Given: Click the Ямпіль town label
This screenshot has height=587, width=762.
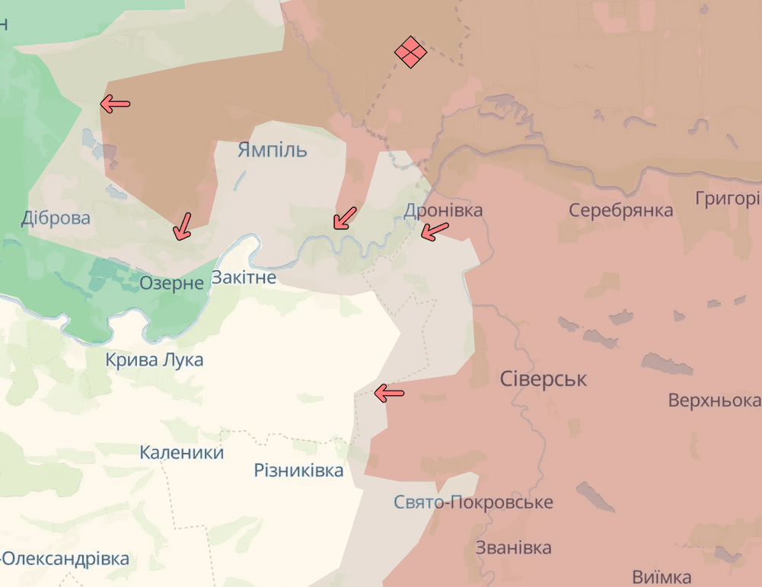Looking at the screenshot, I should [272, 149].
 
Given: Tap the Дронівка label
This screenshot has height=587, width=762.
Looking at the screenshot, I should [443, 210].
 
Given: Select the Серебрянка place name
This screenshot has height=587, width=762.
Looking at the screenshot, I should [620, 210].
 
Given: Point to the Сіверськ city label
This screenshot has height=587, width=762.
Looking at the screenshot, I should [544, 379].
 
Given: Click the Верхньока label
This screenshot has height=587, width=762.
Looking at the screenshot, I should [714, 400].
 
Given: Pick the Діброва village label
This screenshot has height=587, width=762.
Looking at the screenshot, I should [56, 219].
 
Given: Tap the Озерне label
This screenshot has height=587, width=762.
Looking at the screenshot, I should [171, 283].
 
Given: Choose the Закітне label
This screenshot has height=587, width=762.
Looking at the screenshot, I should [244, 278].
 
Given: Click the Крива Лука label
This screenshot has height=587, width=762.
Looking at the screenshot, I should [155, 359].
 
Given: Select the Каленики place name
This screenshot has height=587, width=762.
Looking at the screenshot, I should [182, 453].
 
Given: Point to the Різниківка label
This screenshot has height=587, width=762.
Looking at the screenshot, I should [298, 471].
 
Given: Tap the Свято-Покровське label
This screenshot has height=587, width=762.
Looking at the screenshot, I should [473, 502].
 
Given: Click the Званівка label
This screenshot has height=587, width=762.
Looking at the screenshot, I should [513, 548].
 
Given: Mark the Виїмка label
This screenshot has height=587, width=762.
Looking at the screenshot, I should [662, 576].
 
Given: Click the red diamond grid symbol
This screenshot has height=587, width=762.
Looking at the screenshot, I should [410, 52].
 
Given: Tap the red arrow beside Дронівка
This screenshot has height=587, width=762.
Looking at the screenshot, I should [435, 231].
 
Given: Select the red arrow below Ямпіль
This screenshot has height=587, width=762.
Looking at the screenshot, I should [345, 218].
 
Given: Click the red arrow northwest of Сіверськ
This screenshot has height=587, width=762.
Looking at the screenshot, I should [389, 393].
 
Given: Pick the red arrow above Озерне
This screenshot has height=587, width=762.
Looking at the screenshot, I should [183, 226].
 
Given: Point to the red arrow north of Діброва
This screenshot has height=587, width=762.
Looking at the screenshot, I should [116, 104].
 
